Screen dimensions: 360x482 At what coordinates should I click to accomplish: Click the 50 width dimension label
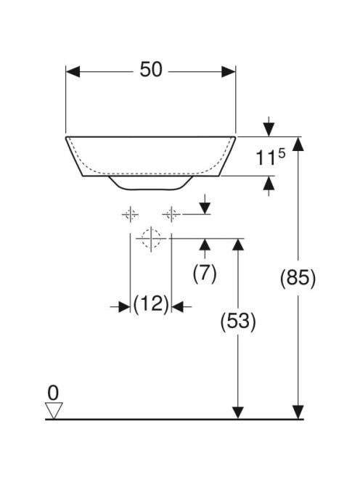(x=151, y=70)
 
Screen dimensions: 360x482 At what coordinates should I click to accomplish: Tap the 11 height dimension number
(x=266, y=158)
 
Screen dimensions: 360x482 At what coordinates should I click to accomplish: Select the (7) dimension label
(x=205, y=273)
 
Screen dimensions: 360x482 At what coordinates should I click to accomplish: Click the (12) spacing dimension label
(x=151, y=304)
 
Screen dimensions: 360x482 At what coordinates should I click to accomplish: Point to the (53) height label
(x=238, y=322)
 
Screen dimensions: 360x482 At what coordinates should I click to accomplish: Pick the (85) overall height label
(x=298, y=279)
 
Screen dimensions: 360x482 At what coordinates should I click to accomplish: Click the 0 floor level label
(x=53, y=393)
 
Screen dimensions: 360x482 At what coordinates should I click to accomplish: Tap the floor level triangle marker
(x=54, y=410)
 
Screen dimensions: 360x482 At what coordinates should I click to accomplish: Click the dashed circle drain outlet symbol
(x=151, y=238)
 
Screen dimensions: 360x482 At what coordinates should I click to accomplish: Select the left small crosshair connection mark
(x=131, y=214)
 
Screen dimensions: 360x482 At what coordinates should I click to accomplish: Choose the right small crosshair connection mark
(x=171, y=214)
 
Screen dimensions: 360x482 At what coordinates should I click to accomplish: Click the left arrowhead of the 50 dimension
(x=73, y=72)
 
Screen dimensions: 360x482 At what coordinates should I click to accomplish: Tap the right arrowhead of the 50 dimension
(x=229, y=72)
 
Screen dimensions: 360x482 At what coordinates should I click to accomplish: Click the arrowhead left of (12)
(x=124, y=306)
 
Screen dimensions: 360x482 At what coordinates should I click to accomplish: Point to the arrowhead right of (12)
(x=177, y=306)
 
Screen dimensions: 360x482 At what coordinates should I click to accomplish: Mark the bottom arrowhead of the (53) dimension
(x=238, y=412)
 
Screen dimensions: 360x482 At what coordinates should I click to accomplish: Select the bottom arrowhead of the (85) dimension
(x=298, y=412)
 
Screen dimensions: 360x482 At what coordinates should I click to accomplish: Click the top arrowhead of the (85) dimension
(x=298, y=144)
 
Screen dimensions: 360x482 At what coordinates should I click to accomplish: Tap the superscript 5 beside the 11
(x=282, y=153)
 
